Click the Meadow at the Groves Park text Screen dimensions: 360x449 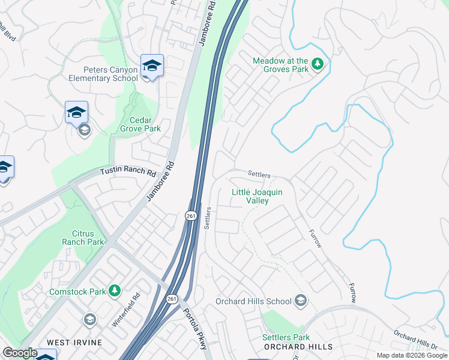click(280, 65)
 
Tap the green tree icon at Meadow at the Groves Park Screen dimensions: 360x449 click(318, 64)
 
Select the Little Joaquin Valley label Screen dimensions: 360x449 click(258, 196)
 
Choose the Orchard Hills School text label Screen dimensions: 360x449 click(255, 301)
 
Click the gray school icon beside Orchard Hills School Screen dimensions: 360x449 click(301, 301)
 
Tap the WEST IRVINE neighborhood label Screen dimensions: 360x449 click(74, 343)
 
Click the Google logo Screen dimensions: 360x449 click(20, 353)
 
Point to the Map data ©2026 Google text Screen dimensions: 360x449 click(411, 355)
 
